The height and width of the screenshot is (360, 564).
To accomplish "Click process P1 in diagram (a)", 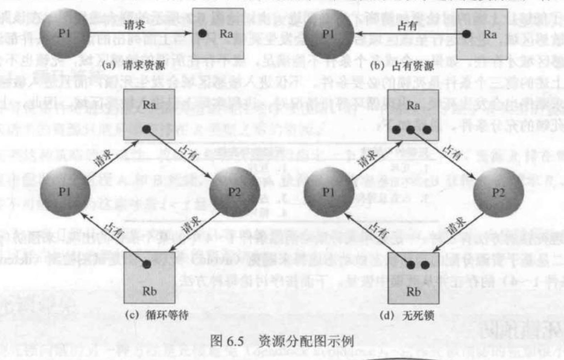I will click(65, 32).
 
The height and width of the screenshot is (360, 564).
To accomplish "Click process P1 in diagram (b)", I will click(327, 33).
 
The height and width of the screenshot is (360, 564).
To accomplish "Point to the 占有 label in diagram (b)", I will click(408, 25).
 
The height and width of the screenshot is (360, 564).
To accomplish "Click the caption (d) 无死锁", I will click(409, 315).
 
